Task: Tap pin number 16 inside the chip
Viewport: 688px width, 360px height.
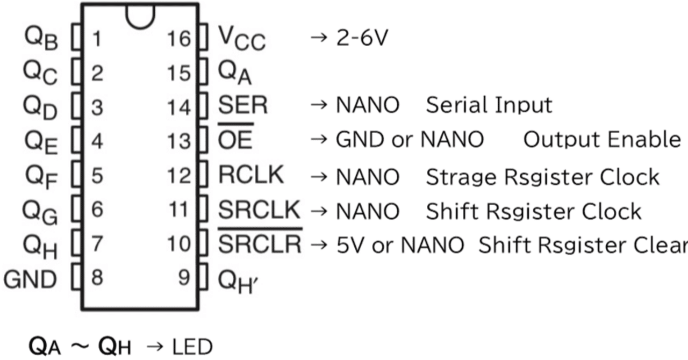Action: (178, 39)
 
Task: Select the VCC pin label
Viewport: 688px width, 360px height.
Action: (241, 39)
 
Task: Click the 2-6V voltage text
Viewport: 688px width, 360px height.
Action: (361, 39)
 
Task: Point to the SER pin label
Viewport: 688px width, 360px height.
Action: (242, 105)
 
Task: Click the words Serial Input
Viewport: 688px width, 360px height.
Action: (489, 105)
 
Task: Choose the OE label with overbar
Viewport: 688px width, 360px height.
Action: (235, 140)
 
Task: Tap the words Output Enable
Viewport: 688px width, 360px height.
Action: (601, 140)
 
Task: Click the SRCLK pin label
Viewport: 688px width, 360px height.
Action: (259, 210)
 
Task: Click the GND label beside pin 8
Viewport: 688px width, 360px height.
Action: (30, 279)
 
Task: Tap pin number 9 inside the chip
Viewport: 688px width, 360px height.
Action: (184, 278)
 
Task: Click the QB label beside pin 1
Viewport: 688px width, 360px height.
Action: (41, 39)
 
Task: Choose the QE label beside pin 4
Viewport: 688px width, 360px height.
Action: (41, 141)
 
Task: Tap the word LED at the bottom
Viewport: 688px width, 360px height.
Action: (192, 348)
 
